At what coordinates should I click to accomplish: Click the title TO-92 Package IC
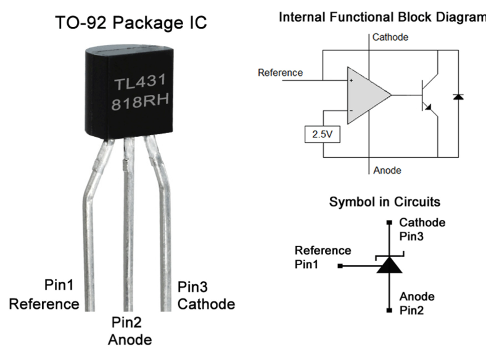coord(131,23)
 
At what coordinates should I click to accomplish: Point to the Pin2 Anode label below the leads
coord(130,331)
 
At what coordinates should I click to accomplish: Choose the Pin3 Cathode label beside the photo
coord(206,295)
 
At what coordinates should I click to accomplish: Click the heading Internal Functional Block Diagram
coord(382,17)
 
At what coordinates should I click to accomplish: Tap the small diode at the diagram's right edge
coord(458,97)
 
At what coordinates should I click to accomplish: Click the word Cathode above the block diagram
coord(390,38)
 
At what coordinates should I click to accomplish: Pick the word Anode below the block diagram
coord(387,170)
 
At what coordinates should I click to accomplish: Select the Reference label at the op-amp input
coord(281,73)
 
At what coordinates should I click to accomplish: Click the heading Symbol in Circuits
coord(385,202)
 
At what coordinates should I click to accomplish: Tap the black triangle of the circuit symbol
coord(389,265)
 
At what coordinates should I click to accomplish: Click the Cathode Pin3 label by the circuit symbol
coord(422,229)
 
